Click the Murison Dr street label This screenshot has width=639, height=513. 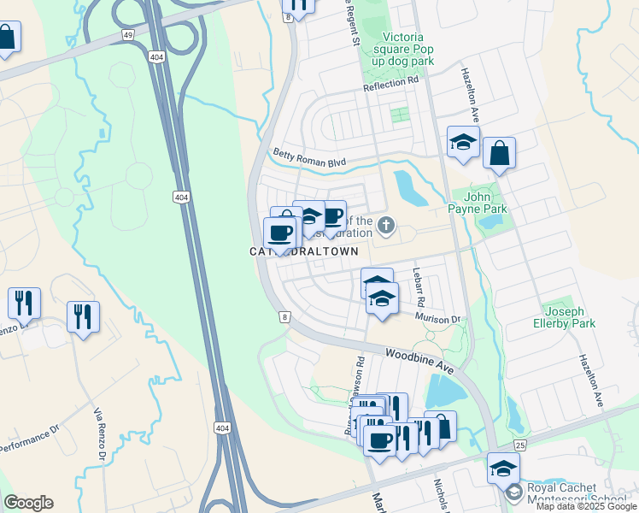coord(438,318)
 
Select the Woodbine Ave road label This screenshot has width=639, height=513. coord(419,358)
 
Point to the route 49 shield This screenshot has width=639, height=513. coord(127,35)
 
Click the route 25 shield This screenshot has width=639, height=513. coord(520,445)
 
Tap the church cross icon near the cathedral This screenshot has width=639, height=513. coord(386,226)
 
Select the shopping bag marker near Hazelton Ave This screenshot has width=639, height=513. coord(499,154)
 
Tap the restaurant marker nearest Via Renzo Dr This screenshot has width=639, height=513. coord(83,316)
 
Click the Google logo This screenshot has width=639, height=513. coord(28,503)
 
